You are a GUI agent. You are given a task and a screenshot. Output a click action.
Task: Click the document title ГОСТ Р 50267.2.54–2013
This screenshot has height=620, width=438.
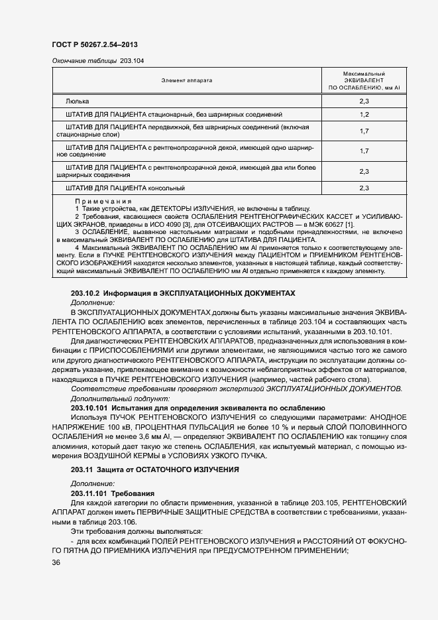click(x=95, y=45)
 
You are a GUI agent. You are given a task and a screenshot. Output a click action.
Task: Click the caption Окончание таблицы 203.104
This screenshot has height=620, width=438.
click(x=97, y=61)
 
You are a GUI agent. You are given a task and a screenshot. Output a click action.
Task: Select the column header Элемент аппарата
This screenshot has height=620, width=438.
click(x=186, y=80)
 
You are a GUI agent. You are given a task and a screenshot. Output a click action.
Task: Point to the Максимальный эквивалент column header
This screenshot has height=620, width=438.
click(x=364, y=80)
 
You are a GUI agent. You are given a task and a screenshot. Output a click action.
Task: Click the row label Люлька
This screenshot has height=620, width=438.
click(x=77, y=101)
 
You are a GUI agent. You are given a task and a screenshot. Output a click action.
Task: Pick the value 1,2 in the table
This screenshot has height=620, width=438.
click(x=364, y=115)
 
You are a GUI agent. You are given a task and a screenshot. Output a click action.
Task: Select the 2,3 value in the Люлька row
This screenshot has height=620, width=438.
click(x=364, y=101)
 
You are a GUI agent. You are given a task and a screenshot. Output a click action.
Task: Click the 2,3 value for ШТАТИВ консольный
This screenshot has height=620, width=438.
click(x=364, y=188)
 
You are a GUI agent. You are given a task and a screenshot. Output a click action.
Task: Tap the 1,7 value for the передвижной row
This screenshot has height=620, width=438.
click(x=364, y=131)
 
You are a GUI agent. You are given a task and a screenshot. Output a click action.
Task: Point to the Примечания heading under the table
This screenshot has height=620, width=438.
click(x=103, y=201)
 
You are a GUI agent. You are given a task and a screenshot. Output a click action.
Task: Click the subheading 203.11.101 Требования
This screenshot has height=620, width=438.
click(x=112, y=494)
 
